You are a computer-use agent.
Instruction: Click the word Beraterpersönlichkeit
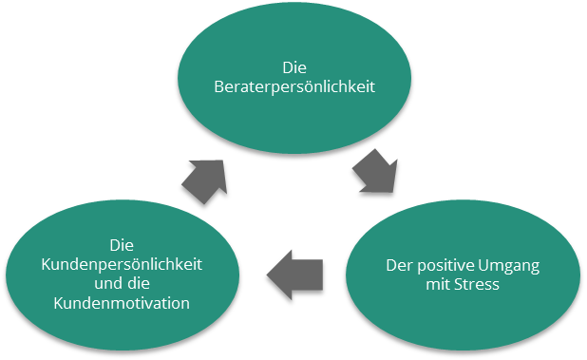tap(294, 86)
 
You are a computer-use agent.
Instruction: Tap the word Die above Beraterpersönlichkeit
tap(293, 68)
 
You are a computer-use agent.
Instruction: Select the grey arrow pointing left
tap(295, 274)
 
